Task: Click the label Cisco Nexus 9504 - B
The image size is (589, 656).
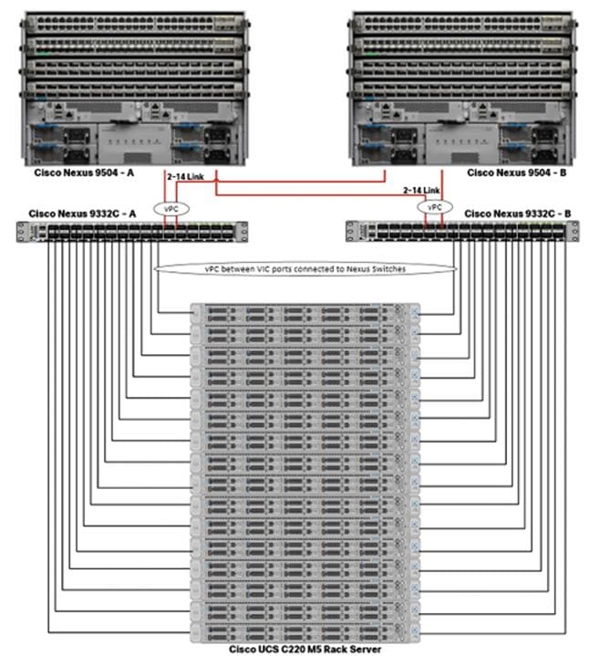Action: coord(511,172)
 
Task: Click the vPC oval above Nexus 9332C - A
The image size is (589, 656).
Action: coord(171,207)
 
